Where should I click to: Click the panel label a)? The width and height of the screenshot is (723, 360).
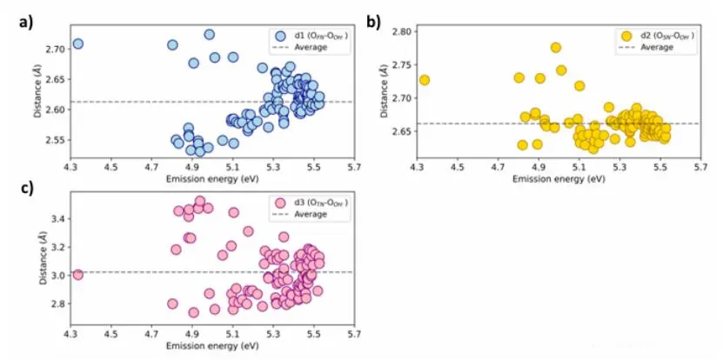[x=27, y=23]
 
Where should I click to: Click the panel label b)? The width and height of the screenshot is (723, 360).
[x=374, y=23]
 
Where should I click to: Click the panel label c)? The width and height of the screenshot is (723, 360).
[x=27, y=185]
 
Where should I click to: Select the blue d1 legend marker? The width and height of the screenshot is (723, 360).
[x=280, y=36]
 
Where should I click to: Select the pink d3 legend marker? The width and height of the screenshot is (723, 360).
[x=280, y=203]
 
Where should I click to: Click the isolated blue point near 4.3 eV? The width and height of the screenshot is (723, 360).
[x=77, y=43]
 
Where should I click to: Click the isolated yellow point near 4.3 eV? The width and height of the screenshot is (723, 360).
[x=425, y=80]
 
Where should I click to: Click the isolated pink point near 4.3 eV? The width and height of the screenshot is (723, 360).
[x=77, y=275]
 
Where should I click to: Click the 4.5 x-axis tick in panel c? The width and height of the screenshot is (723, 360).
[x=110, y=331]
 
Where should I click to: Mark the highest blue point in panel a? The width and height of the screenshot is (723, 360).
[x=209, y=35]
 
